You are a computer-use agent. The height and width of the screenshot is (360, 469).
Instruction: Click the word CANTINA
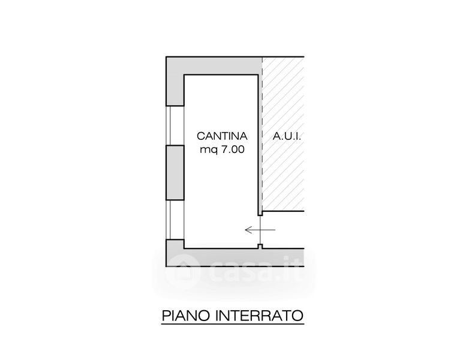click(222, 136)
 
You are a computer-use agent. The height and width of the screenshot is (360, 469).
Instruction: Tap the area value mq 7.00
click(222, 151)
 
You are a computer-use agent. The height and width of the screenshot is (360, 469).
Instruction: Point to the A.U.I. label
click(286, 136)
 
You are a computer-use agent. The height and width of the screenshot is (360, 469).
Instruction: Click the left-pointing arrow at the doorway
click(260, 229)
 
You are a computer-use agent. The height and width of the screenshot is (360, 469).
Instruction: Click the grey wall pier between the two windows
click(175, 172)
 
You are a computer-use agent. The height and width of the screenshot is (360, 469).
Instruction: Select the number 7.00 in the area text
click(232, 151)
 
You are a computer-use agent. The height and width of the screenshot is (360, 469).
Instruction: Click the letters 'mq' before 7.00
click(207, 151)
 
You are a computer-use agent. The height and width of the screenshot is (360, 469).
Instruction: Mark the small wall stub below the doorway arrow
click(259, 245)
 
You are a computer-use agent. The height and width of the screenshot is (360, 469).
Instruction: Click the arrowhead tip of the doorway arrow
click(246, 229)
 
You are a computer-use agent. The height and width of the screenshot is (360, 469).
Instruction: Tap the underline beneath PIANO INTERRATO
click(232, 325)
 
